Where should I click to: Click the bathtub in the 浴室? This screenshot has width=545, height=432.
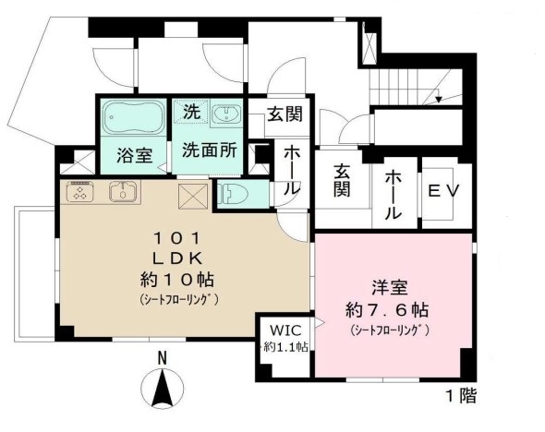point(132,118)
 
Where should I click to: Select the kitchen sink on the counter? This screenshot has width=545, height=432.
point(121,193)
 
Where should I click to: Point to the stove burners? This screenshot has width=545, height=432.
point(79,193)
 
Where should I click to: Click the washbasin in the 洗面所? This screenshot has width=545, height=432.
point(225,114)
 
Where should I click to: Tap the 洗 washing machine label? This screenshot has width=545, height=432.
point(190,114)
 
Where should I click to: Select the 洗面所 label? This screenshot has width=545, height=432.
point(207,150)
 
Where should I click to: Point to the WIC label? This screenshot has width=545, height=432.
point(284,330)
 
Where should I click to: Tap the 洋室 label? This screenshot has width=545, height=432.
point(388,286)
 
